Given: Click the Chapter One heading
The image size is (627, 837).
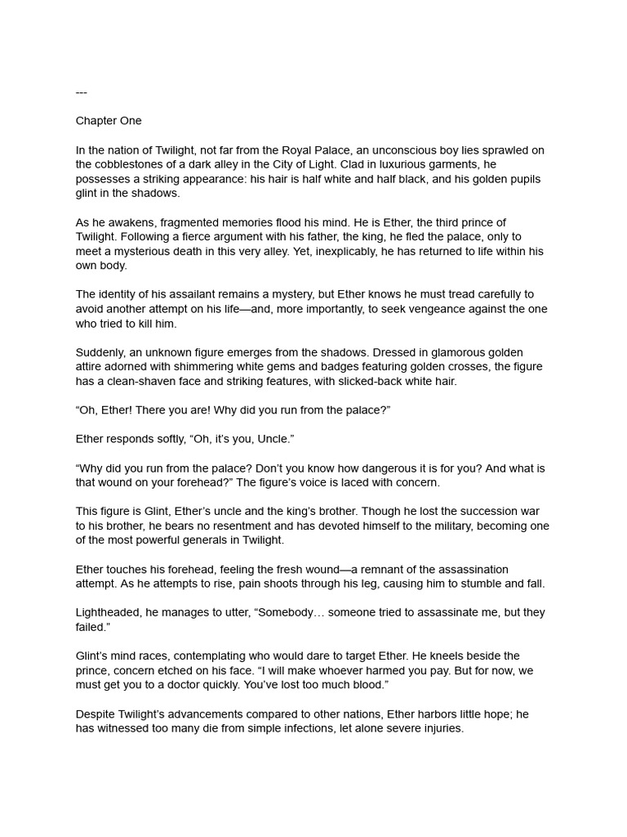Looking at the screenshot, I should pos(109,121).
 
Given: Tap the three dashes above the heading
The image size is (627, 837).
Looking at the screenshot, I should pos(81,92).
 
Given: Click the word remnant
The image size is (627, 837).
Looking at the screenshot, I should pos(387,569).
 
